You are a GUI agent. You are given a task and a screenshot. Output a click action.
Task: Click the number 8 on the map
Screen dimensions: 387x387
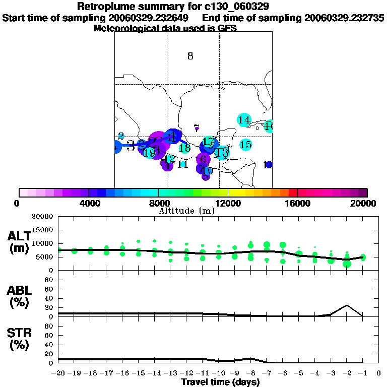(190, 56)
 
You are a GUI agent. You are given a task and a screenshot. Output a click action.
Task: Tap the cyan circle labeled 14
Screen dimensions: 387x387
(244, 120)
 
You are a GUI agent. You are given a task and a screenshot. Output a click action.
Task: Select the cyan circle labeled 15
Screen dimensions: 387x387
(245, 145)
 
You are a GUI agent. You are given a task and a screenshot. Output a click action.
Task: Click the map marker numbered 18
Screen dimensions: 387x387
(184, 148)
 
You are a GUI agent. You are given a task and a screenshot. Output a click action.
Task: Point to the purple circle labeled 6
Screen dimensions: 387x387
(203, 160)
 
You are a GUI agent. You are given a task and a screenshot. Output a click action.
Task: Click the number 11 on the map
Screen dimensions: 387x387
(182, 164)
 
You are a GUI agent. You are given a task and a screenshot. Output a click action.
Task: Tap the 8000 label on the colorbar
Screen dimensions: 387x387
(158, 203)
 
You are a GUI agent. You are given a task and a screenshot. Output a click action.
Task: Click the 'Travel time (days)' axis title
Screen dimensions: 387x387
(220, 382)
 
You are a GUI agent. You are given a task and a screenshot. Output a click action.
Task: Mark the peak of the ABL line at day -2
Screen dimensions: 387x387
(347, 305)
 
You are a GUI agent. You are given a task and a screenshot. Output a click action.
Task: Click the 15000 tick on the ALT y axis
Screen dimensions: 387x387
(43, 230)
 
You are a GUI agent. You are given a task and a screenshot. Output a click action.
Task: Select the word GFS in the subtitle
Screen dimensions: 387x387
(227, 29)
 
